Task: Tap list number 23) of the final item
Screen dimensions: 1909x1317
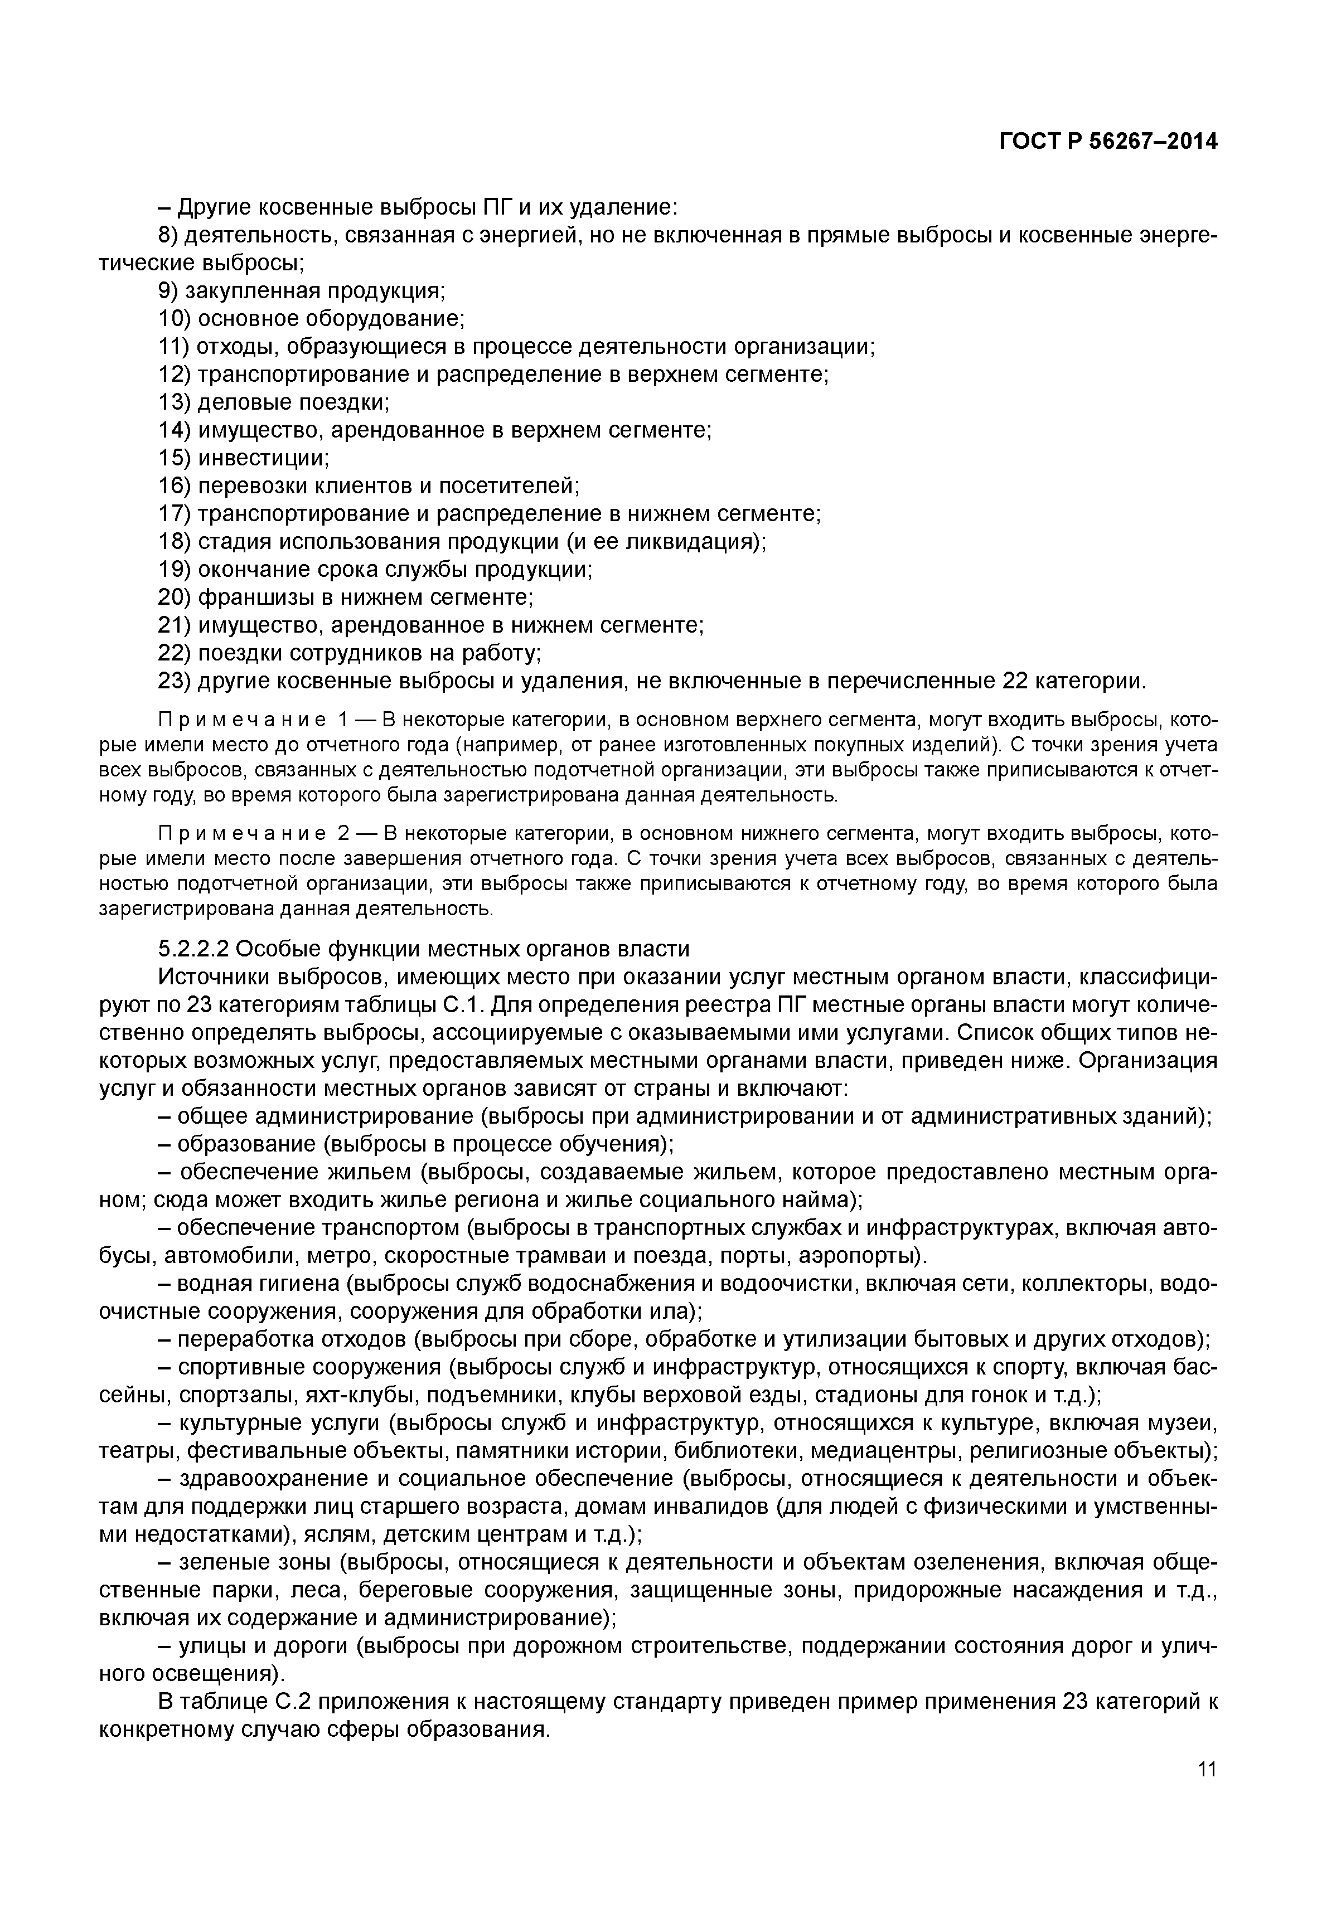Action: pyautogui.click(x=174, y=682)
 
